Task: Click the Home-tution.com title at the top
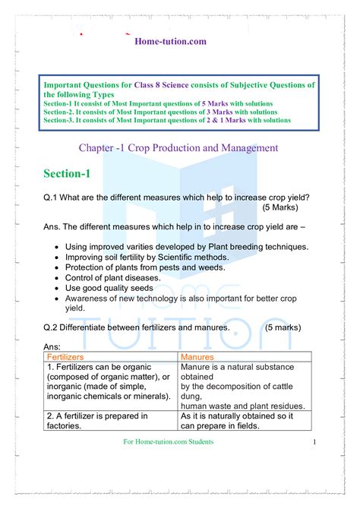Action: pyautogui.click(x=170, y=41)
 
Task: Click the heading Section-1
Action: pyautogui.click(x=67, y=174)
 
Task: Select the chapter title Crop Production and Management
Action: pyautogui.click(x=178, y=147)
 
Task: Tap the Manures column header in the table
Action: pyautogui.click(x=198, y=356)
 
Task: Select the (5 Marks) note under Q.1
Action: pyautogui.click(x=280, y=207)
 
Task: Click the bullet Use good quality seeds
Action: pyautogui.click(x=115, y=289)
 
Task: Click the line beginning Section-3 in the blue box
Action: pyautogui.click(x=167, y=120)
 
